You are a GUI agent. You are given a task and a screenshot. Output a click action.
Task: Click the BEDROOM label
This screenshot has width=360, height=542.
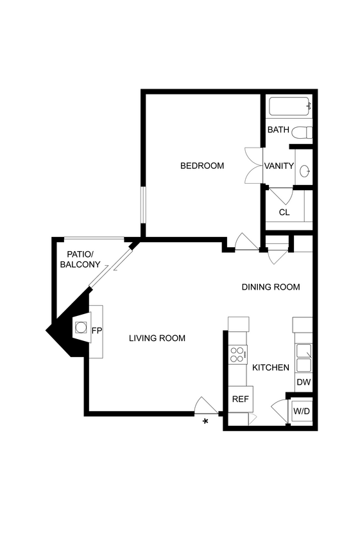pyautogui.click(x=202, y=166)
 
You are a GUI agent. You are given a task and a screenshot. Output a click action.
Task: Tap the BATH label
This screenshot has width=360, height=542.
pyautogui.click(x=278, y=130)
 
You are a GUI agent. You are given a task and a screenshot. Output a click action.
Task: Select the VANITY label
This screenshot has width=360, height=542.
pyautogui.click(x=279, y=166)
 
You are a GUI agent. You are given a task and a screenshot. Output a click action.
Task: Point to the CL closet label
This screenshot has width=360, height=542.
pyautogui.click(x=284, y=212)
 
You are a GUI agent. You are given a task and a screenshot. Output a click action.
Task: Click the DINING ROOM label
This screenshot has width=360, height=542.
pyautogui.click(x=270, y=286)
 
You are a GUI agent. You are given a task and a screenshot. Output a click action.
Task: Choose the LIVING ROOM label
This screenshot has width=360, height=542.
pyautogui.click(x=157, y=338)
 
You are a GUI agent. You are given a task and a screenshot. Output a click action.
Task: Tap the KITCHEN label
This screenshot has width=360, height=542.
pyautogui.click(x=270, y=367)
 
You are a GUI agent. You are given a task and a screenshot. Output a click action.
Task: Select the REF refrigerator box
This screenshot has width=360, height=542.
pyautogui.click(x=241, y=399)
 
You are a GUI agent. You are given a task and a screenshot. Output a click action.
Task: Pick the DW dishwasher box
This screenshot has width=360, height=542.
pyautogui.click(x=304, y=382)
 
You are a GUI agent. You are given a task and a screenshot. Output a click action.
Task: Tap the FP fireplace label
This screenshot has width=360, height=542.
pyautogui.click(x=97, y=331)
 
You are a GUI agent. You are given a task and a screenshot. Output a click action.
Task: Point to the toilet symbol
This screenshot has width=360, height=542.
pyautogui.click(x=302, y=133)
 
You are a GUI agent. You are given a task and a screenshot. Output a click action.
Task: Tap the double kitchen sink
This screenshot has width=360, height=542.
pyautogui.click(x=303, y=358)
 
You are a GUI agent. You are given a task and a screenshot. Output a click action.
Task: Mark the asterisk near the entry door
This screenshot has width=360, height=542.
pyautogui.click(x=205, y=421)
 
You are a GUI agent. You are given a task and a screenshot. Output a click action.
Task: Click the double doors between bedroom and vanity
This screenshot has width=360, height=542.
pyautogui.click(x=253, y=166)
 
